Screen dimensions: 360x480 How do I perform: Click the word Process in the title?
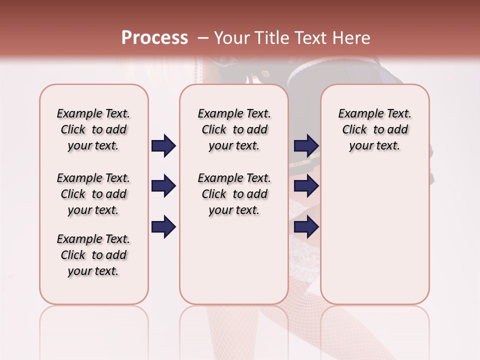point(154,38)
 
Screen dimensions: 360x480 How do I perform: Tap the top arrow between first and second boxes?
point(163,146)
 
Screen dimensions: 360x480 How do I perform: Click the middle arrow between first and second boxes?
point(163,186)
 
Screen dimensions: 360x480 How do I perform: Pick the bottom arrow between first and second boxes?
point(163,227)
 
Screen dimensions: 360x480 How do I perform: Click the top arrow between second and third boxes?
point(306,146)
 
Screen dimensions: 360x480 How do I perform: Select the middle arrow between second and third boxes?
point(306,186)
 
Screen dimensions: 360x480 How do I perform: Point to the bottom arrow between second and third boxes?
point(306,227)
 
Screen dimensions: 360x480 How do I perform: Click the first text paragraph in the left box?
point(93,129)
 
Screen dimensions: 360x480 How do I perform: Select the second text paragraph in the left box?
point(93,194)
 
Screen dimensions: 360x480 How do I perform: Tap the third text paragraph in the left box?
point(93,255)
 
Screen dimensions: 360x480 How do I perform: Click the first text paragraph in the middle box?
point(234,129)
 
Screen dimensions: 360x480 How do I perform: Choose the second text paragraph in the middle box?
point(234,194)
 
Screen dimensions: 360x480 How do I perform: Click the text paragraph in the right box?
point(375,129)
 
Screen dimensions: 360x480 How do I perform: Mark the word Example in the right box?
point(357,114)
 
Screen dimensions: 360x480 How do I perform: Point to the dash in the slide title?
point(202,38)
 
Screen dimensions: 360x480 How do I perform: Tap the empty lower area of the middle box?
point(234,260)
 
